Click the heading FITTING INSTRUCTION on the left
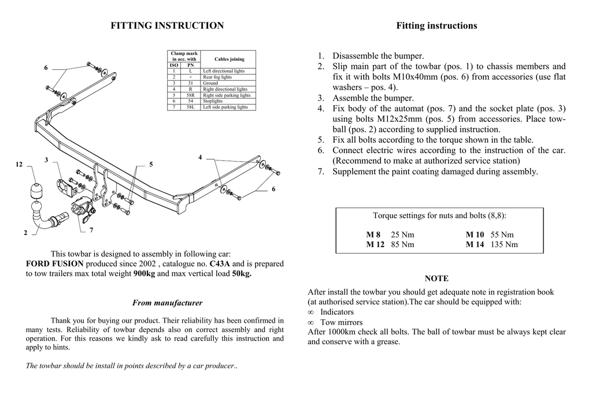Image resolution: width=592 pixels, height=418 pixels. [x=167, y=25]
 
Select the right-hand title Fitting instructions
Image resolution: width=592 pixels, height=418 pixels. [x=436, y=25]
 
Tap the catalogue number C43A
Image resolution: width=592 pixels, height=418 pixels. [x=219, y=264]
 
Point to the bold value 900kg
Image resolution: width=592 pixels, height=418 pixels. [x=144, y=274]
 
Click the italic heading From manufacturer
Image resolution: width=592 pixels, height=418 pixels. [x=167, y=303]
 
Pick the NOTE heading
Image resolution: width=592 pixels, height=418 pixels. [x=436, y=278]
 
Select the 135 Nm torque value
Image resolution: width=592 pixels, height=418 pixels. [x=504, y=244]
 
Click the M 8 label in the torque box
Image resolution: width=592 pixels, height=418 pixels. [x=373, y=234]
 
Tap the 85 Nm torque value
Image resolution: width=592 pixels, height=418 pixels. [x=402, y=244]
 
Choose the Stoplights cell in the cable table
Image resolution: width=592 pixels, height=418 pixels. [x=213, y=101]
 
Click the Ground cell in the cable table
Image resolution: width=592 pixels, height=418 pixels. [x=210, y=83]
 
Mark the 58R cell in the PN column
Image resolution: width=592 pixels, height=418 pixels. [x=190, y=95]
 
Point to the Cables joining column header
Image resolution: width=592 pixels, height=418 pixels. [x=229, y=59]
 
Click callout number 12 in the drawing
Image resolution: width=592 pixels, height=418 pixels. [x=19, y=165]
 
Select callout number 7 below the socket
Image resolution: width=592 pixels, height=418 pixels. [x=91, y=230]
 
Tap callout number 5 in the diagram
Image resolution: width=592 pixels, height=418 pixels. [x=151, y=165]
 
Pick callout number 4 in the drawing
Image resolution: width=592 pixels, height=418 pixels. [x=200, y=157]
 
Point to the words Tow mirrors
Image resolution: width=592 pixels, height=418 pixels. [x=342, y=322]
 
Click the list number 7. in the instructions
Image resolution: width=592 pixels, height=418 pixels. [x=321, y=171]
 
